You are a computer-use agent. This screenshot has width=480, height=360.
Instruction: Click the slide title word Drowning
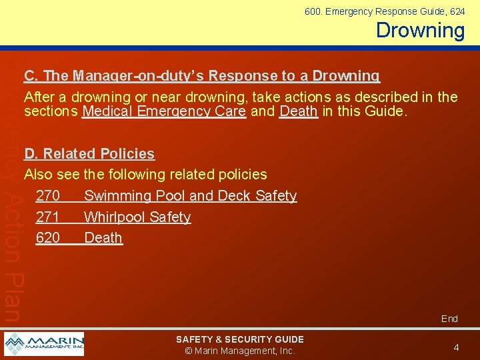click(420, 31)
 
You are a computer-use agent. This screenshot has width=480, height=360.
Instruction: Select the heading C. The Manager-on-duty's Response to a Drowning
click(201, 76)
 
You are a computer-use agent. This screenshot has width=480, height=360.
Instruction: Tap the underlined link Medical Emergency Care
click(164, 111)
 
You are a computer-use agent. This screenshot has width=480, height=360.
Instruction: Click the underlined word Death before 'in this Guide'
click(299, 111)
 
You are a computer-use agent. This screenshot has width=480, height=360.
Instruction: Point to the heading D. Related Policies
click(89, 154)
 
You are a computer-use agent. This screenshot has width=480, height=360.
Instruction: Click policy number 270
click(48, 196)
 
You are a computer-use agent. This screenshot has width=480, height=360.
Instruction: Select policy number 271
click(48, 217)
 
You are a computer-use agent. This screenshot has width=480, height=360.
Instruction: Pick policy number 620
click(48, 238)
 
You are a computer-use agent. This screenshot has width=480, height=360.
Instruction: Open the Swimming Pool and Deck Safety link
click(190, 196)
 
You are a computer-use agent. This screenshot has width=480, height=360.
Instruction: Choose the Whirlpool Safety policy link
click(137, 217)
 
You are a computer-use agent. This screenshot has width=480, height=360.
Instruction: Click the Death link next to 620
click(103, 238)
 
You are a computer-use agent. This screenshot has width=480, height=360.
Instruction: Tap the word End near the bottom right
click(449, 319)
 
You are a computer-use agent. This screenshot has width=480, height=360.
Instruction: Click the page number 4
click(456, 347)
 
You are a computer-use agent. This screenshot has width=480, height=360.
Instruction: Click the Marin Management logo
click(44, 344)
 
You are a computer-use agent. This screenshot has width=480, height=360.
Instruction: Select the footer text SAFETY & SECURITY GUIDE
click(240, 340)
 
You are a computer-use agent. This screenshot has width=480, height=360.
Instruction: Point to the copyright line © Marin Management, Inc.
click(240, 351)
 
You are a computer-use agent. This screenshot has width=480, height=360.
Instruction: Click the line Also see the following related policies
click(145, 175)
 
